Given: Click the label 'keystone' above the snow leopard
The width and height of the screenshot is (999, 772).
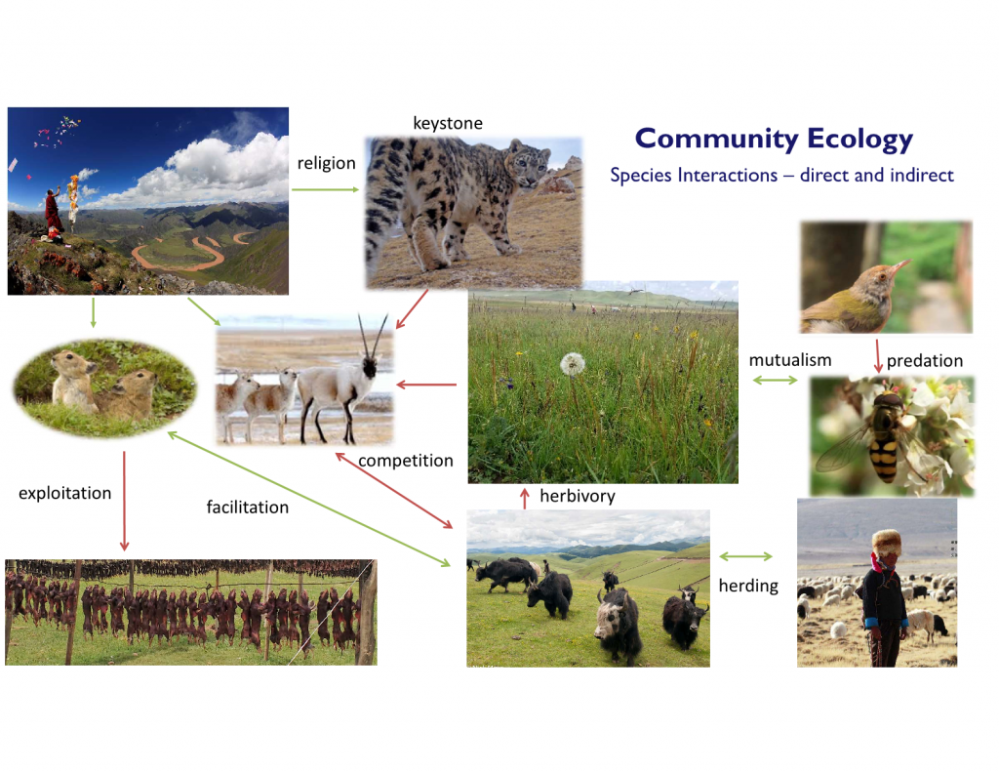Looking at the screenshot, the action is pos(447,123).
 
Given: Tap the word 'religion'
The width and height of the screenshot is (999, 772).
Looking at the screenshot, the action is pos(326,163).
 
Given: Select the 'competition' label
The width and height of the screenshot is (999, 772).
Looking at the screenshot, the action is pos(406,461).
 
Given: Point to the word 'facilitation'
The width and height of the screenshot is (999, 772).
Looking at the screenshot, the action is pos(247,507).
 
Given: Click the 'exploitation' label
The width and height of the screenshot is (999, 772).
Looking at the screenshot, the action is pos(65,493).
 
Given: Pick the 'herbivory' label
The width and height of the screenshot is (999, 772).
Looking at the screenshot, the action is pos(578,496).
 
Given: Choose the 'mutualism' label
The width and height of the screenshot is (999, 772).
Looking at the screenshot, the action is pos(790,360).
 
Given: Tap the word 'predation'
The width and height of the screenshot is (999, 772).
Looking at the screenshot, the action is pos(925,361).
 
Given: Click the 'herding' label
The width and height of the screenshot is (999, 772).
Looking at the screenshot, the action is pos(748,586).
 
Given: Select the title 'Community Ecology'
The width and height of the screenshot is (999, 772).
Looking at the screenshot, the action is pos(774,139).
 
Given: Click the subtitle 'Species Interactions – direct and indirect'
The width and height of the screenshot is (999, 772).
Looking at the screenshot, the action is pos(781,175).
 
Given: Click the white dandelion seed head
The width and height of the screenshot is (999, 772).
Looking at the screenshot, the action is pos(572,364).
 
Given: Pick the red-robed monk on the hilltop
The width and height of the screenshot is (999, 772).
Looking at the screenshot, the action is pos(54,213).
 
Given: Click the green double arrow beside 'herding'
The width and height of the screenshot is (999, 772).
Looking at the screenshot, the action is pos(746,556).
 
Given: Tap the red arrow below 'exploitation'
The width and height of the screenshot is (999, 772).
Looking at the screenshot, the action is pos(124,501).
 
